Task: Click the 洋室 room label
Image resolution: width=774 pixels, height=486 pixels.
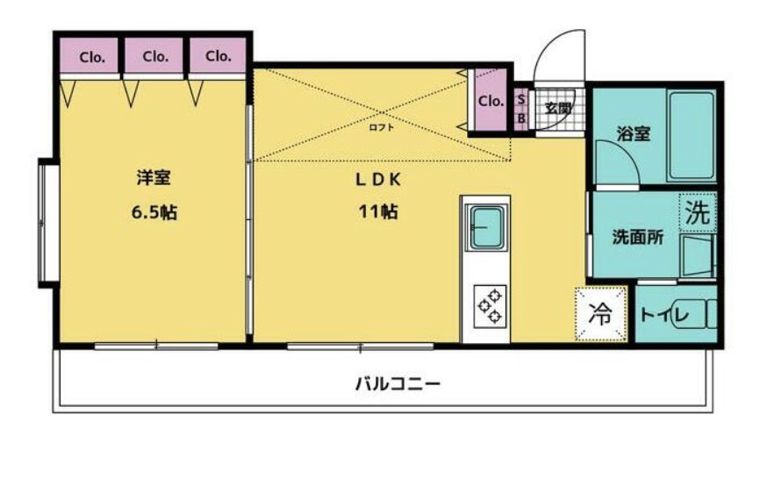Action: pos(154,177)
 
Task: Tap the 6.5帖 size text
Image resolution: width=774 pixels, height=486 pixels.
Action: pos(154,212)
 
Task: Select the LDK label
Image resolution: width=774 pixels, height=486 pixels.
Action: pos(378,180)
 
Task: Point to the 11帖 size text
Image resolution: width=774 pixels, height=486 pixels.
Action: pos(378,211)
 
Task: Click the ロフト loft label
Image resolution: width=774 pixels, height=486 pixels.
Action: pos(382,127)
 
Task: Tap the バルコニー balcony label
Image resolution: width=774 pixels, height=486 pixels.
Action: pos(398,383)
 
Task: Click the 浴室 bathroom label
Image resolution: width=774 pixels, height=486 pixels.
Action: pos(634,133)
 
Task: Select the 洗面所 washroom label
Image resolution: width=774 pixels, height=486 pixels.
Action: pos(638,238)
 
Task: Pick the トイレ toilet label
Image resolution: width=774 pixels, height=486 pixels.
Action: pos(664,314)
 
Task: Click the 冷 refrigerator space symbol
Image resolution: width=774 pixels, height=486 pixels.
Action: pos(601,314)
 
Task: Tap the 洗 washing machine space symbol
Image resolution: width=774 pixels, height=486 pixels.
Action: pos(698,212)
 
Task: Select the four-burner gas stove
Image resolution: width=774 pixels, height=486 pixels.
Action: pos(490,306)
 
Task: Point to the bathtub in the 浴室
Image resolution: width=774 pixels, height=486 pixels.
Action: pos(692,136)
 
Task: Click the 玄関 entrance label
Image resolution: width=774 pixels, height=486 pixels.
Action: pos(558,109)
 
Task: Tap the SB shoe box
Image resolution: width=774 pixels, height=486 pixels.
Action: pos(520,109)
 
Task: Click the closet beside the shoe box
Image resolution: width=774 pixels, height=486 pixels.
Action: pos(491,101)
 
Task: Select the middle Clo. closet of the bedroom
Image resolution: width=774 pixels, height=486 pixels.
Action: pos(154,56)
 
